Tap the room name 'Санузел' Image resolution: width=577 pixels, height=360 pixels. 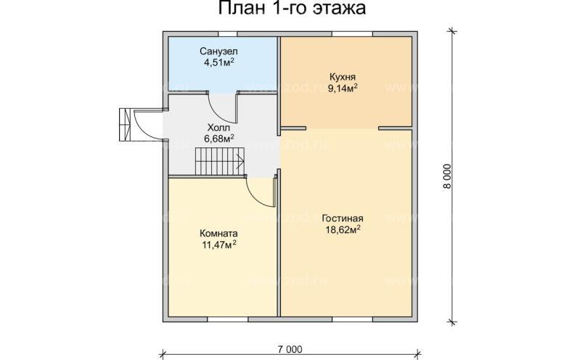219,52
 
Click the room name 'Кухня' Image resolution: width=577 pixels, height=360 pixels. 342,76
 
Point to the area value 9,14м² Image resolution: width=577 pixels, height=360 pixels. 343,88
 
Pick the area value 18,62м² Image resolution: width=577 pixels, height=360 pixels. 343,230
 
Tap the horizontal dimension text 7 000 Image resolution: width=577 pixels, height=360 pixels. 289,349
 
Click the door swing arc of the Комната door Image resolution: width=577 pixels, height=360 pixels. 258,192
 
